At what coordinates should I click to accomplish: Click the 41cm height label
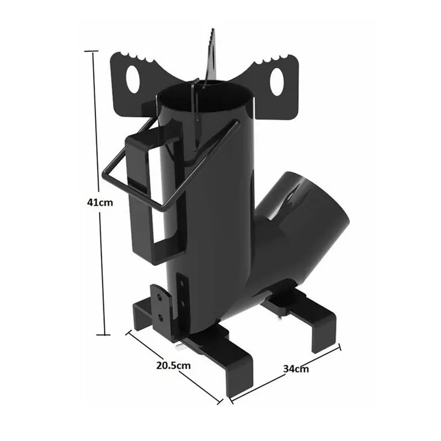point(100,202)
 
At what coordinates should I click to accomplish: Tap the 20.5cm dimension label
point(173,365)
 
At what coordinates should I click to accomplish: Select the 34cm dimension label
point(296,369)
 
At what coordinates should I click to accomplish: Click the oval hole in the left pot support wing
point(132,79)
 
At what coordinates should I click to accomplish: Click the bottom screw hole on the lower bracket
point(160,318)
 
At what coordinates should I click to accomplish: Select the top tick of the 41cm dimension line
point(91,51)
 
